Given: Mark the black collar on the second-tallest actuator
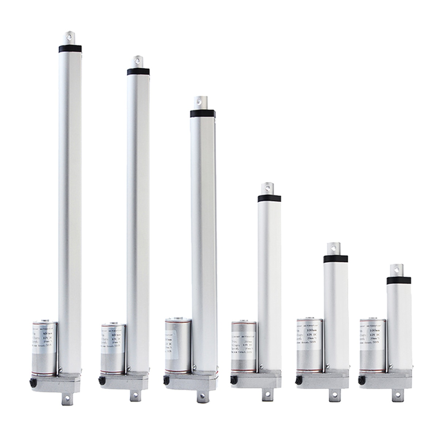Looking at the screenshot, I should (137, 72).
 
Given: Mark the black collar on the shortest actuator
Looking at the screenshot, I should (398, 280).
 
